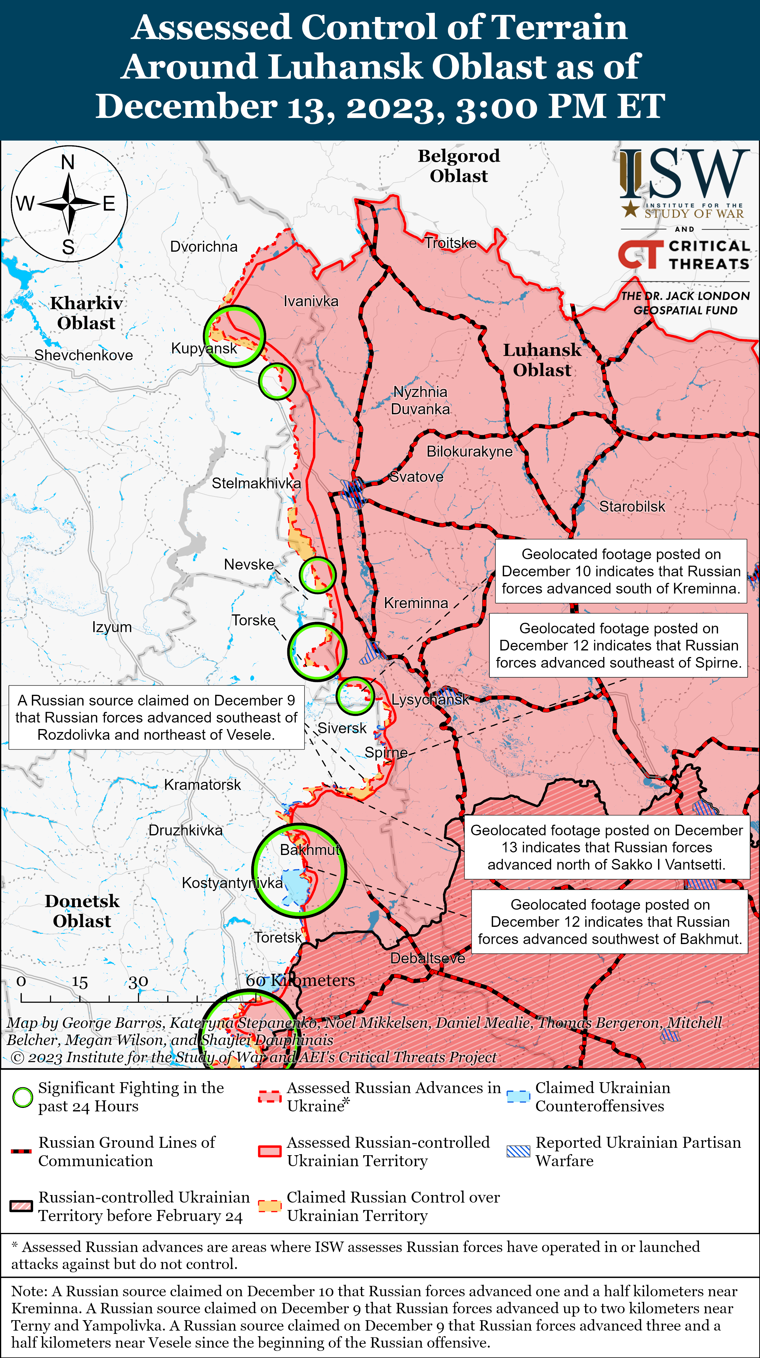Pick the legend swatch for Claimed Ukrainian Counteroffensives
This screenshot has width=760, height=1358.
pos(518,1097)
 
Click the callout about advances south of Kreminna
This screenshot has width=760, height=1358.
pos(621,571)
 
